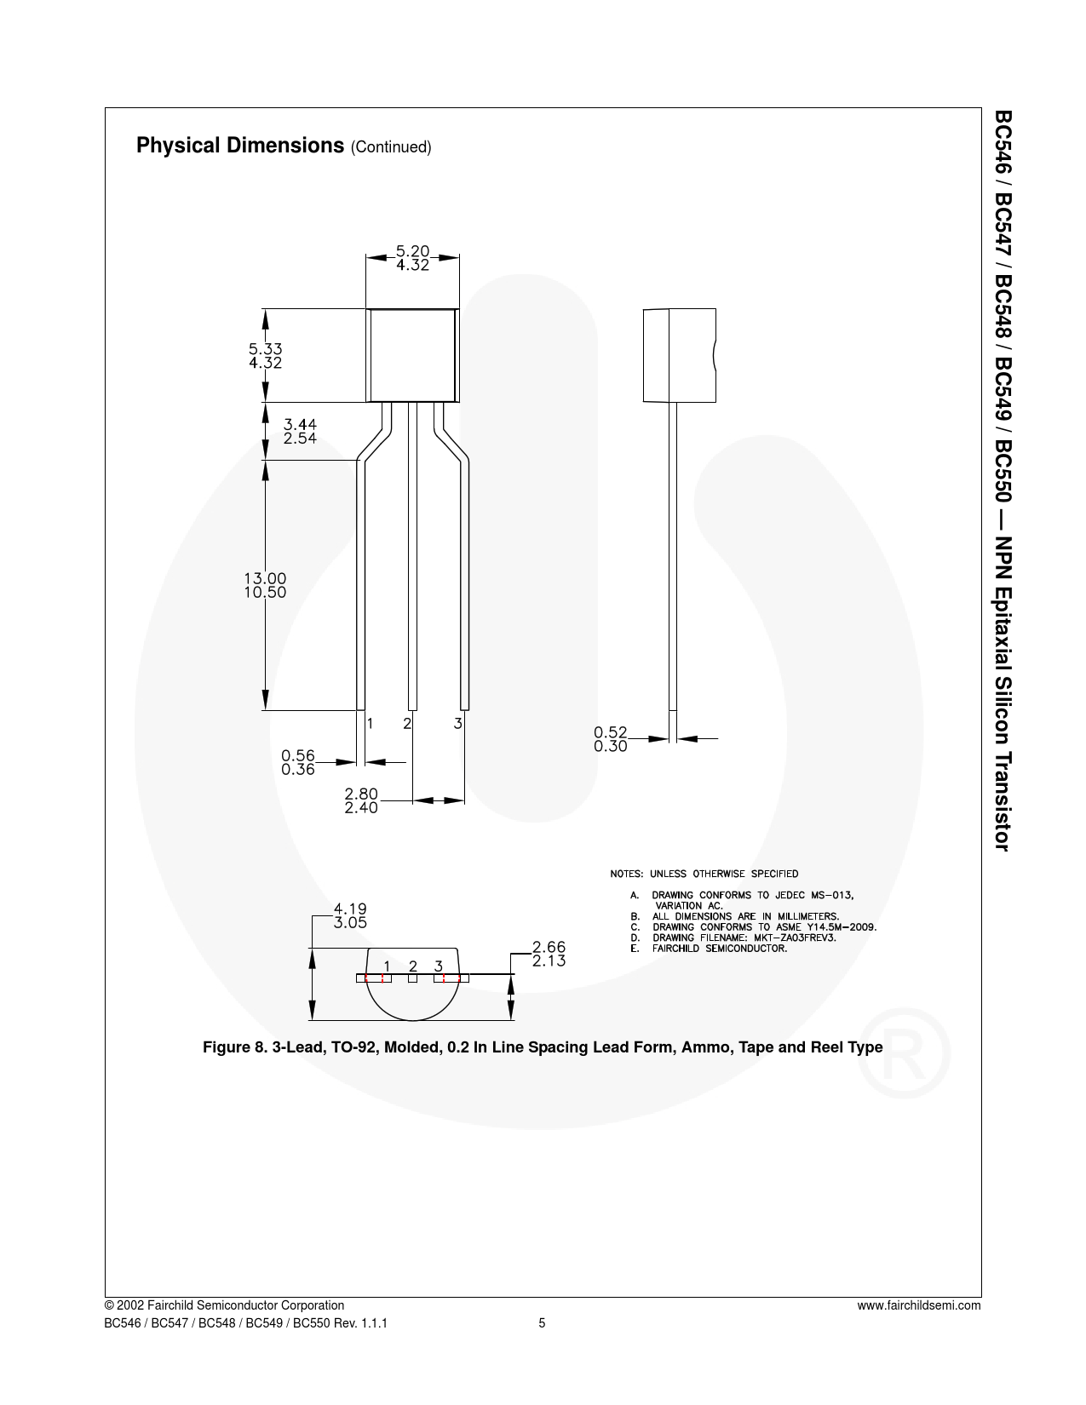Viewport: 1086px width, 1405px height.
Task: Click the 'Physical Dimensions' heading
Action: (x=240, y=146)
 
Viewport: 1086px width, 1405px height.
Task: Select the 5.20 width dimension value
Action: (x=412, y=251)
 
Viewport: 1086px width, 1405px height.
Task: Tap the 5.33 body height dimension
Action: (x=265, y=349)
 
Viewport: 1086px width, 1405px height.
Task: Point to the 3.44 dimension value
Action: (x=300, y=425)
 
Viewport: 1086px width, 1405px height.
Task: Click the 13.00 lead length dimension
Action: (x=265, y=578)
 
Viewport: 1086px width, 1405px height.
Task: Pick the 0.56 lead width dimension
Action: (x=297, y=755)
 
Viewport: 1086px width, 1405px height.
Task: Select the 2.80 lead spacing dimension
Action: (x=361, y=794)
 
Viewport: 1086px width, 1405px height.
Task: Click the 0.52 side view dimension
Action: (x=611, y=732)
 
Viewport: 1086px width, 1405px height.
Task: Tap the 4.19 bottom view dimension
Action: (x=350, y=909)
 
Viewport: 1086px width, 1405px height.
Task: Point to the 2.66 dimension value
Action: (x=549, y=947)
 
